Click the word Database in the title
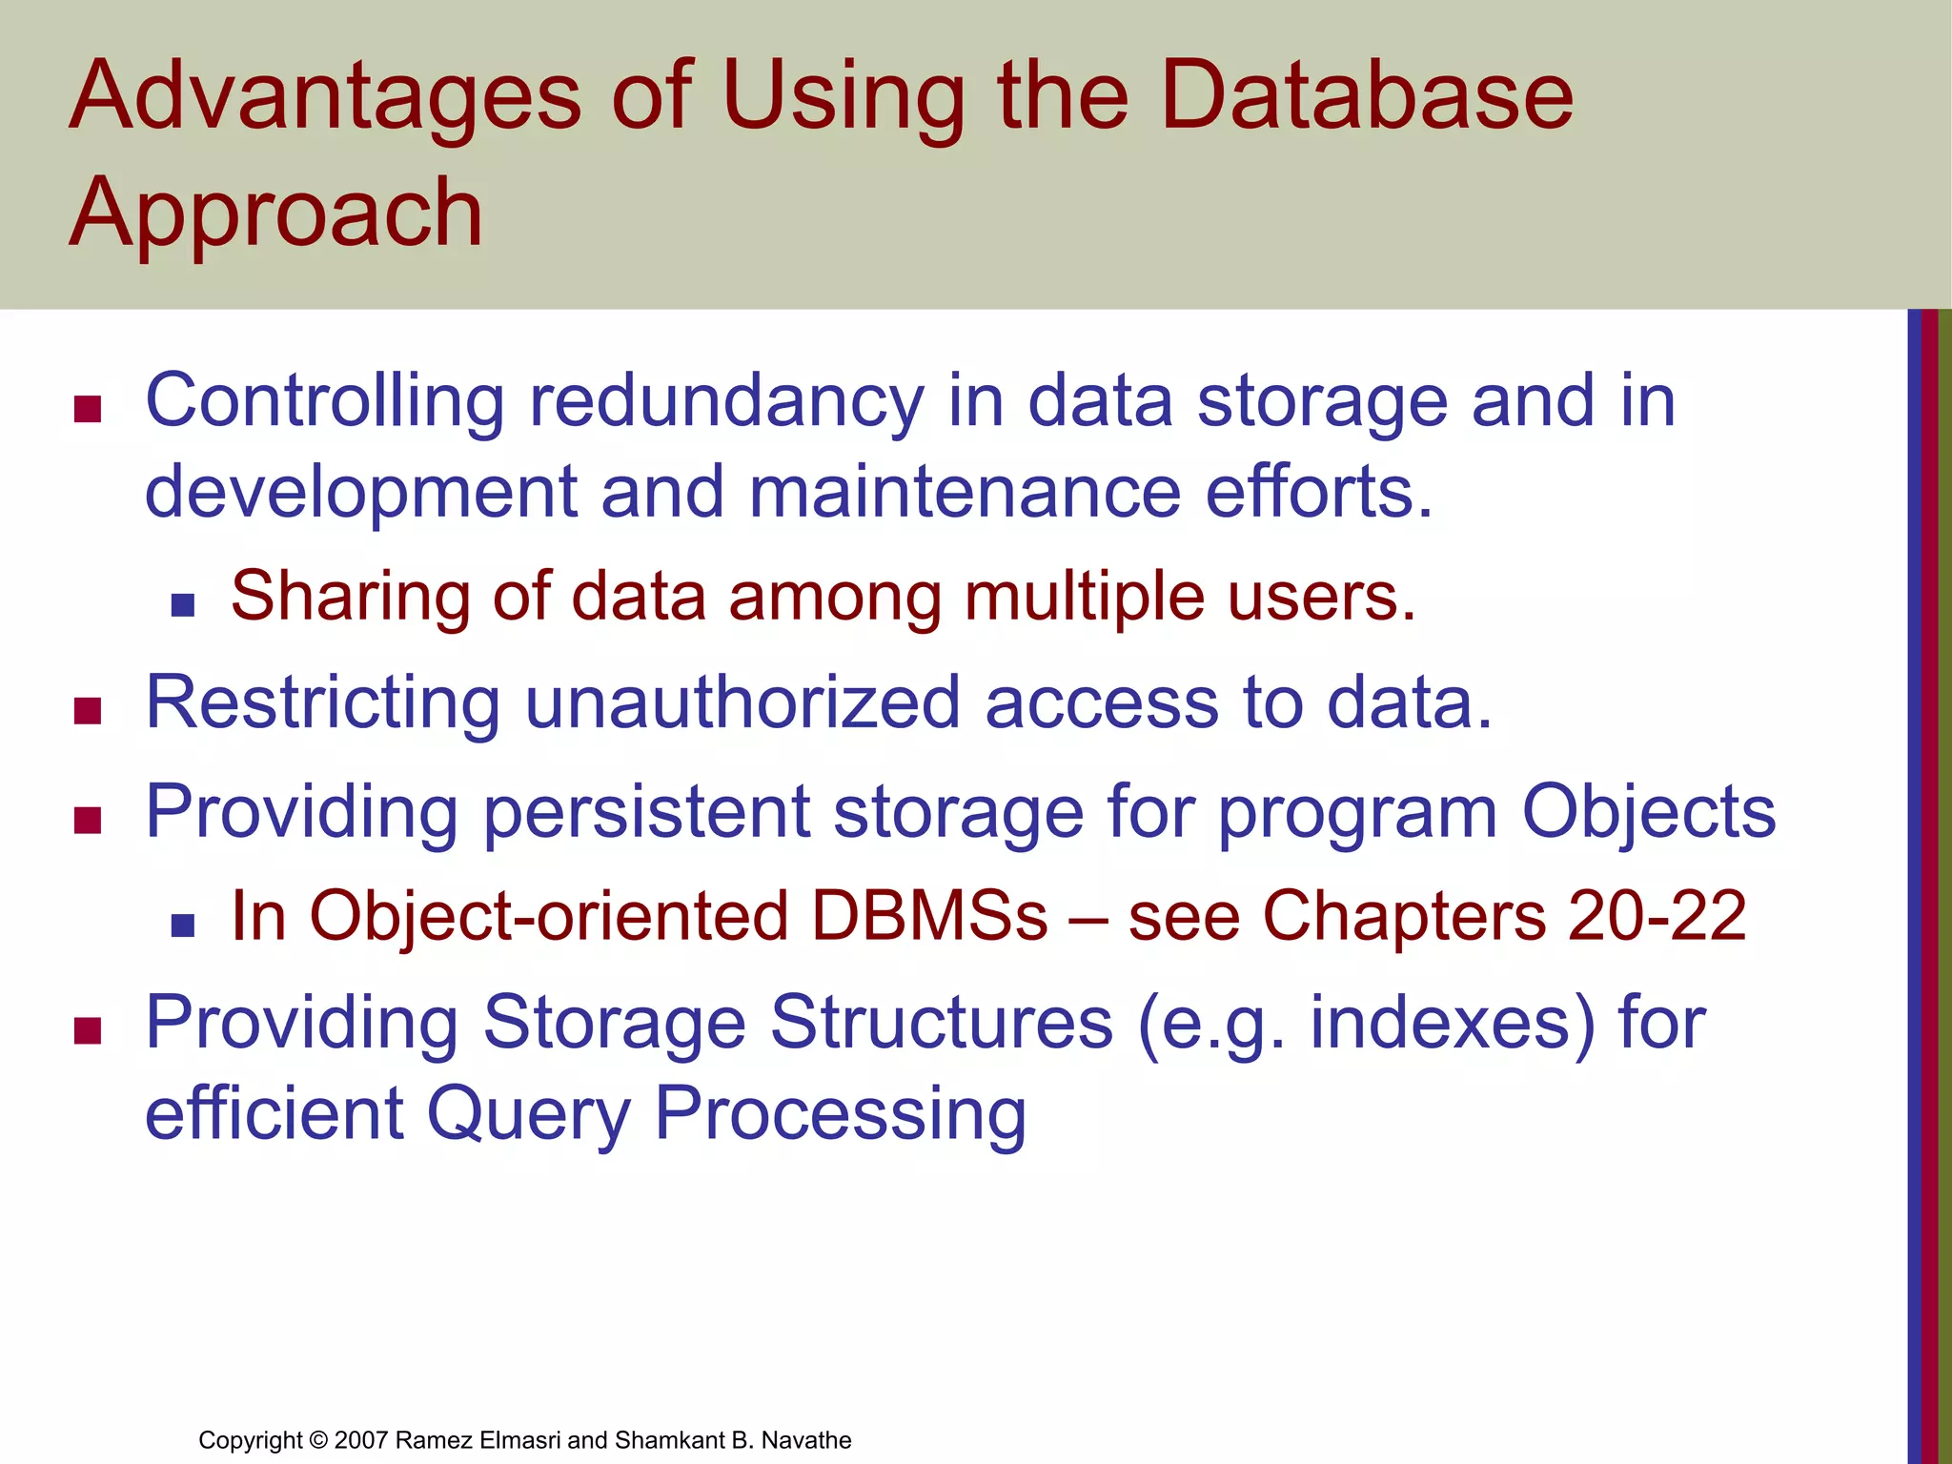coord(1367,95)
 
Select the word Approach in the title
coord(276,213)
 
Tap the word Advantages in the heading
coord(325,97)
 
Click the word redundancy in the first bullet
coord(726,401)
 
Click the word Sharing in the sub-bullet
coord(350,597)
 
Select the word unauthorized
coord(742,703)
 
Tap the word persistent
coord(646,812)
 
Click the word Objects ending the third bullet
coord(1648,812)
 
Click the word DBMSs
coord(929,916)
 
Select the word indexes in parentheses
coord(1439,1023)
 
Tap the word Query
coord(528,1113)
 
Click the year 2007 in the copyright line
coord(360,1440)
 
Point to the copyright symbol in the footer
coord(318,1440)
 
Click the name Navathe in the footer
coord(806,1440)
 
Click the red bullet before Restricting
coord(88,711)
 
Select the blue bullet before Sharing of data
coord(183,605)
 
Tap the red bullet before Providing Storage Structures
coord(88,1030)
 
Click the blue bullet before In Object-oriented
coord(183,925)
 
